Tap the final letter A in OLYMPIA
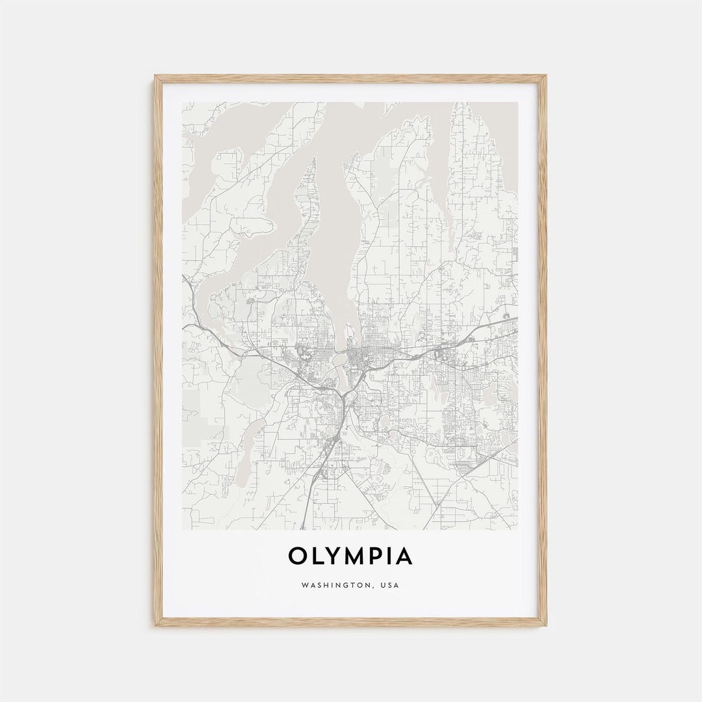click(404, 556)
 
